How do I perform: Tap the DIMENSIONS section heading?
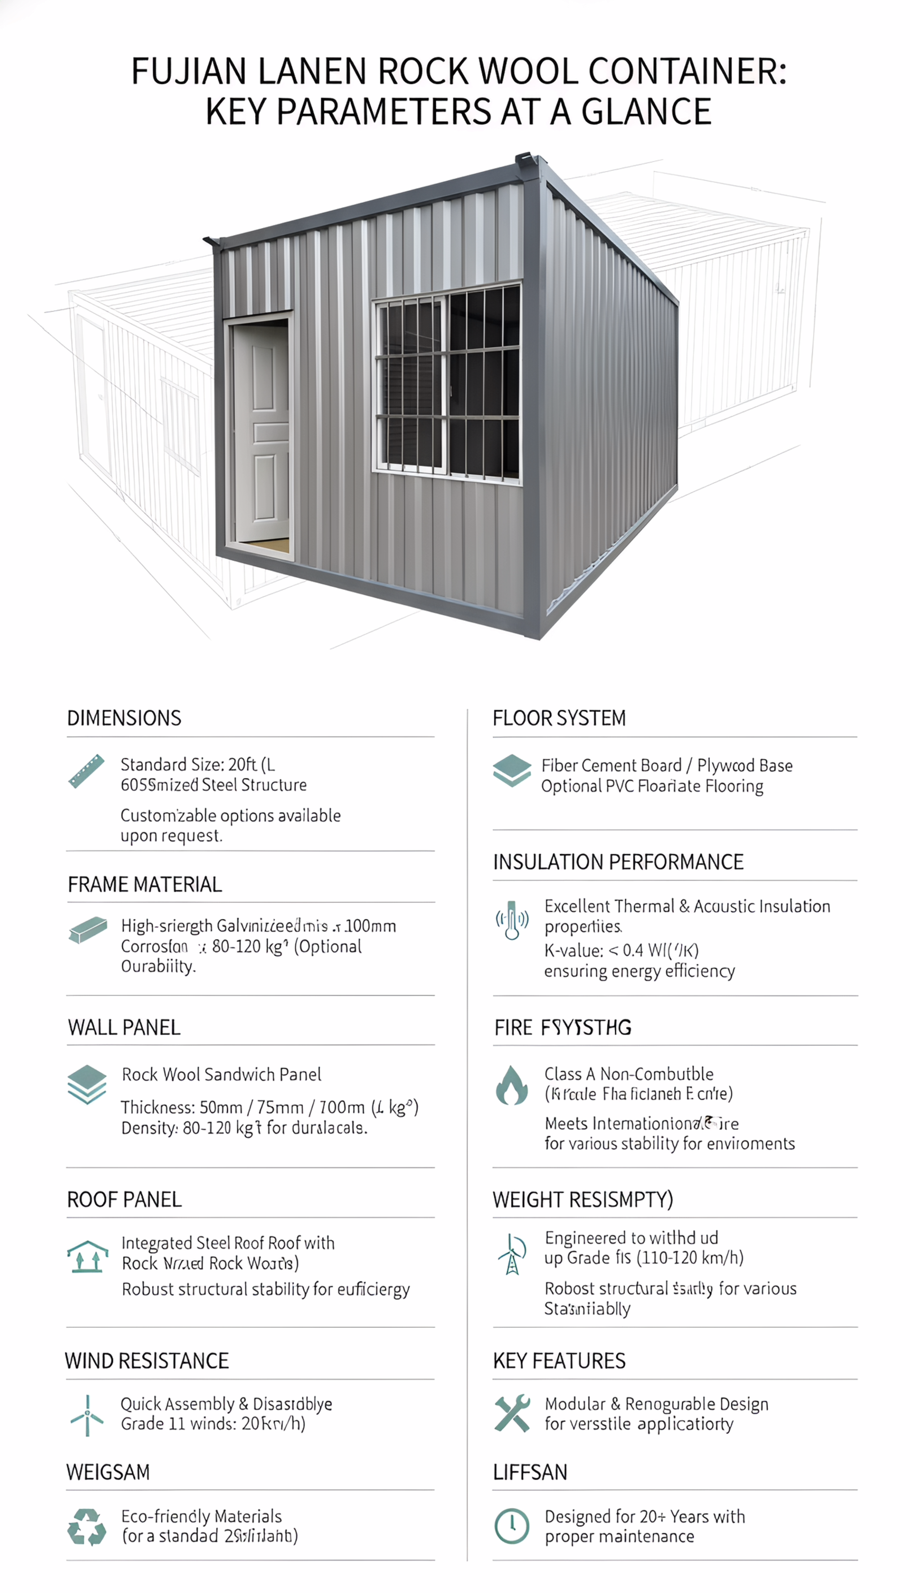[x=124, y=718]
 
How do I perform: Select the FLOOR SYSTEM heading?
[x=559, y=718]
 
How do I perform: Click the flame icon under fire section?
[x=511, y=1085]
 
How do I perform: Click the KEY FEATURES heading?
[x=559, y=1361]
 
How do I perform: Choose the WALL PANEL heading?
[x=124, y=1027]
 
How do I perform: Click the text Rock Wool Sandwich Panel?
[x=221, y=1074]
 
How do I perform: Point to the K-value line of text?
[x=621, y=950]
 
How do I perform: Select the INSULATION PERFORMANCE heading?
[x=617, y=862]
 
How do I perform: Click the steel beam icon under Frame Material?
[x=87, y=930]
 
